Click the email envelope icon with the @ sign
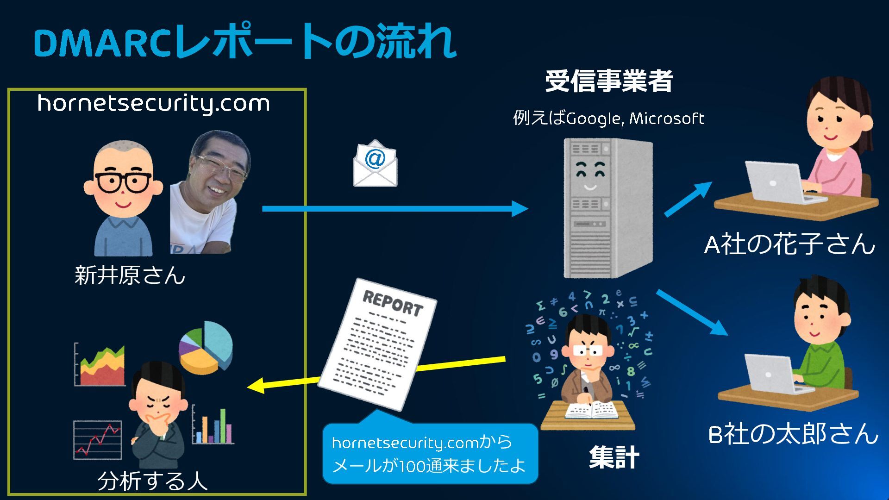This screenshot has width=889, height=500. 375,164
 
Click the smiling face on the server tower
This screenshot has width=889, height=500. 589,176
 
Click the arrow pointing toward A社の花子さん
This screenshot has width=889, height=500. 689,199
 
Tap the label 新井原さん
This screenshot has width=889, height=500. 130,275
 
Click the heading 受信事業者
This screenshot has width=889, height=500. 608,81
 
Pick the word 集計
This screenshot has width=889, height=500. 614,457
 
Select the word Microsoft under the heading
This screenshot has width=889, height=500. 667,119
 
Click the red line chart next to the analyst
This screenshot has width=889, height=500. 98,440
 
